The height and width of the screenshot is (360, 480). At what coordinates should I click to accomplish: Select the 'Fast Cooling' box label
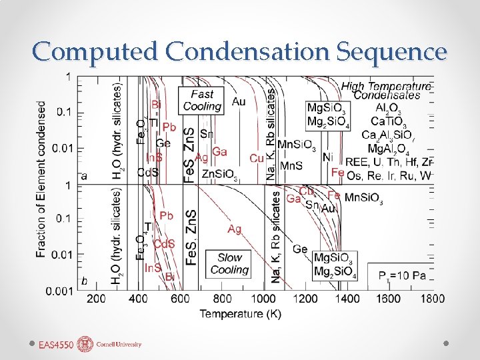pyautogui.click(x=202, y=101)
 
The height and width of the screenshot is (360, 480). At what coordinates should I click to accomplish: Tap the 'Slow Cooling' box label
pyautogui.click(x=229, y=263)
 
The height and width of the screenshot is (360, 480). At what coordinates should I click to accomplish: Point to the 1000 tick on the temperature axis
pyautogui.click(x=265, y=298)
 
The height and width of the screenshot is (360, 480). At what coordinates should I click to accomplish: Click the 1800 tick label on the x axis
pyautogui.click(x=433, y=298)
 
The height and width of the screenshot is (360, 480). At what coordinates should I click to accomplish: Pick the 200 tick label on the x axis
pyautogui.click(x=96, y=298)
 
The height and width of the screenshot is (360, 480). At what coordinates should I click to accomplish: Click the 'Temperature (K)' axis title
pyautogui.click(x=240, y=313)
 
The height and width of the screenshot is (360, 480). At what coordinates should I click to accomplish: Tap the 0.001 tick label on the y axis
pyautogui.click(x=59, y=291)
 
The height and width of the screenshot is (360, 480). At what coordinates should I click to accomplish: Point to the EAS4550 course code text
pyautogui.click(x=55, y=345)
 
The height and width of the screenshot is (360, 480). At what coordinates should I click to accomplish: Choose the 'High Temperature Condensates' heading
pyautogui.click(x=386, y=91)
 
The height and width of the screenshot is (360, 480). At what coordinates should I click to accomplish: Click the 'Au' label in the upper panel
pyautogui.click(x=238, y=101)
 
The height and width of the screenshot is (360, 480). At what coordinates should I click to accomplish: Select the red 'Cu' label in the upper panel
pyautogui.click(x=257, y=158)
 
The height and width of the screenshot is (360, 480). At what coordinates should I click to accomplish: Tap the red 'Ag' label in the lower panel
pyautogui.click(x=234, y=229)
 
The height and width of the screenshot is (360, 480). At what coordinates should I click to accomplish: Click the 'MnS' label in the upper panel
pyautogui.click(x=291, y=165)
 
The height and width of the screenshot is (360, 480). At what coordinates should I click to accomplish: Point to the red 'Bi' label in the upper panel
pyautogui.click(x=156, y=104)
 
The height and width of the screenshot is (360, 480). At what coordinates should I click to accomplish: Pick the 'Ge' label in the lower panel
pyautogui.click(x=300, y=249)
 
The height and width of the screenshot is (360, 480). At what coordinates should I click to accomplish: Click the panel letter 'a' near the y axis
pyautogui.click(x=84, y=176)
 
